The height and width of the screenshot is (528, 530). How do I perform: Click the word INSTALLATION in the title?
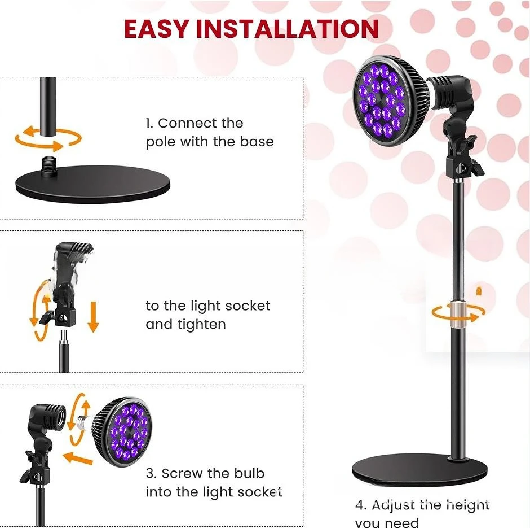287,29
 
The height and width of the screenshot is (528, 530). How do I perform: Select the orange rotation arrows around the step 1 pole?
48,137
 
